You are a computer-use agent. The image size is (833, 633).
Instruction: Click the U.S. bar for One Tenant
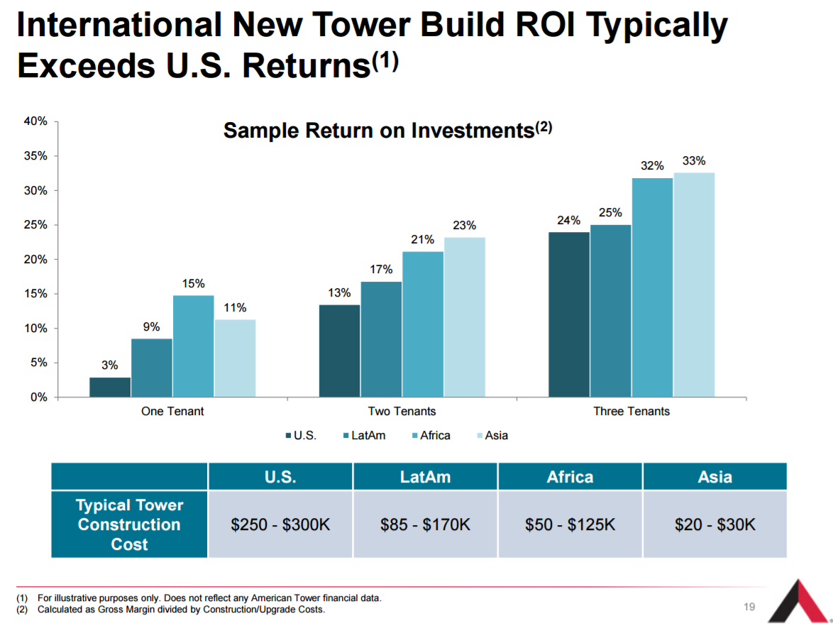pyautogui.click(x=110, y=387)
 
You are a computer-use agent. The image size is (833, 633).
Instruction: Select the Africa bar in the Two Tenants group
pyautogui.click(x=423, y=324)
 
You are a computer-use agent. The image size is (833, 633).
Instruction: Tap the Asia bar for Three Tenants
pyautogui.click(x=694, y=285)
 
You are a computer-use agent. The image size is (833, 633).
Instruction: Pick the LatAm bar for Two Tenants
pyautogui.click(x=381, y=339)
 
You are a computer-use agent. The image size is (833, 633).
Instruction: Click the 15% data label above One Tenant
pyautogui.click(x=193, y=284)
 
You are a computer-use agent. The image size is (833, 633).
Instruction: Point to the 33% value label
pyautogui.click(x=694, y=161)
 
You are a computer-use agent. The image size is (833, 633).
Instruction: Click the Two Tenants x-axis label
pyautogui.click(x=402, y=412)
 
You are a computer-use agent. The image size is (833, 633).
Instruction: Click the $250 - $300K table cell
pyautogui.click(x=280, y=525)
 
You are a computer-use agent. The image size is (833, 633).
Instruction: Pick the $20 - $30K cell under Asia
pyautogui.click(x=715, y=525)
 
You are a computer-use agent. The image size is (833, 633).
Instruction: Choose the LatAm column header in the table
pyautogui.click(x=425, y=477)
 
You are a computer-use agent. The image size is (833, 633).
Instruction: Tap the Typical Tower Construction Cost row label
pyautogui.click(x=129, y=525)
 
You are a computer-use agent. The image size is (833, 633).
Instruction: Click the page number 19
pyautogui.click(x=749, y=607)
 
